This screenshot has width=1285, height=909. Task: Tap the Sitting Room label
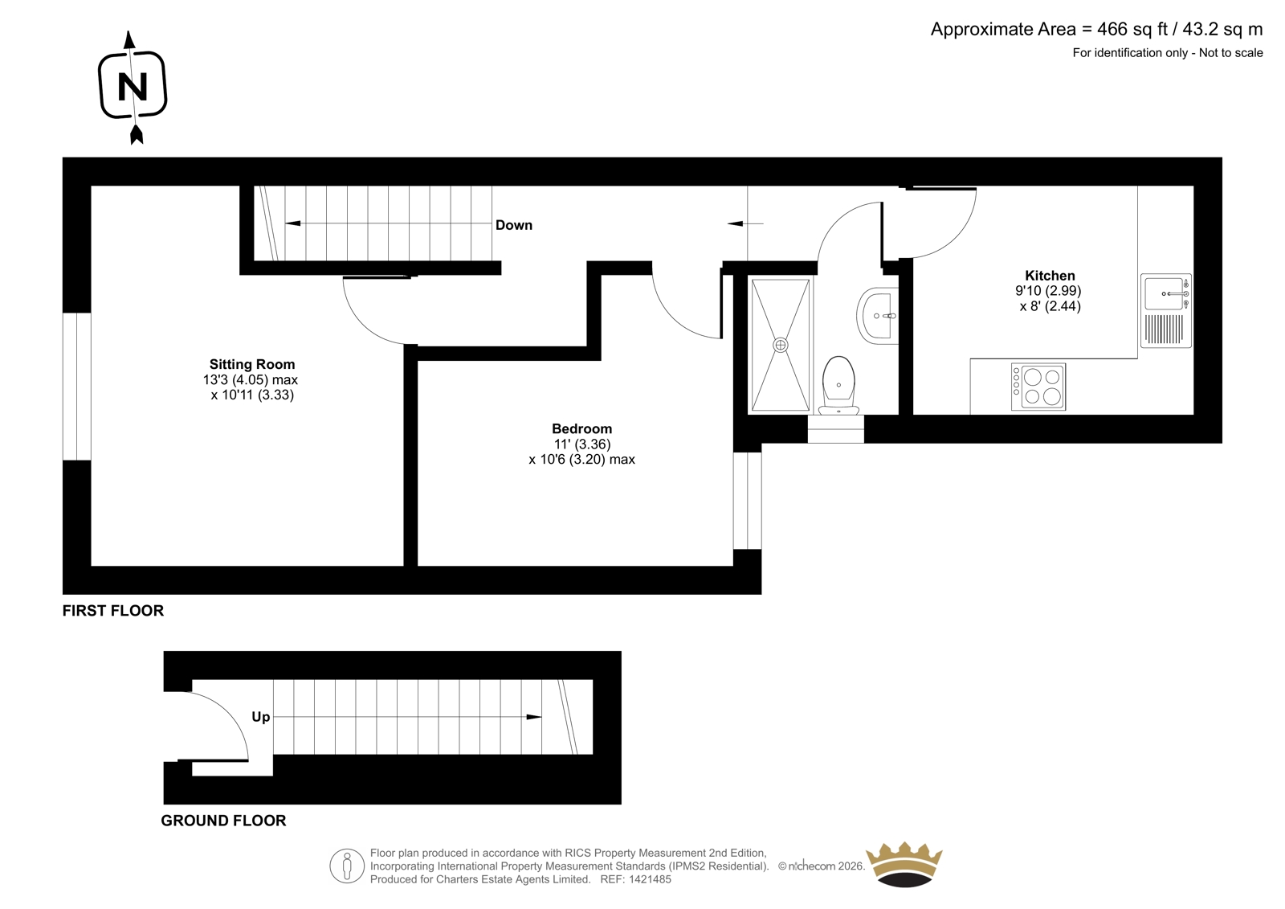(252, 364)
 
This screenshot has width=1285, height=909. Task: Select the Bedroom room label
(581, 428)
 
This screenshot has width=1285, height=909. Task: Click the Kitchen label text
(1050, 275)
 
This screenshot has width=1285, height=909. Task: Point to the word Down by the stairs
(513, 225)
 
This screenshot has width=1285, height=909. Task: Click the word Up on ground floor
(260, 717)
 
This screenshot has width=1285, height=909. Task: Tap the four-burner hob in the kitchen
(1038, 387)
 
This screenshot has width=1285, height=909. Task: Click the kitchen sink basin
(1164, 293)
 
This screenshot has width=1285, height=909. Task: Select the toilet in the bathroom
(838, 385)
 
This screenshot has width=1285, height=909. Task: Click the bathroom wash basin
(877, 316)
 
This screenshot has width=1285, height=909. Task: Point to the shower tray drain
(780, 345)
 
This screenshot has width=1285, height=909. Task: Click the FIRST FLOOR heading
(113, 610)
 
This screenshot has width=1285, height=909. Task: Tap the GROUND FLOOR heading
(223, 821)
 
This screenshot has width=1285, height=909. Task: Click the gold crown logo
(904, 864)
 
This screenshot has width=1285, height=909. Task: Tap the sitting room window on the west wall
(77, 387)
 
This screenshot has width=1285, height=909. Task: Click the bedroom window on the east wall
(748, 501)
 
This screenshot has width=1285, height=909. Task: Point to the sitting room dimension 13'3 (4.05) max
(250, 379)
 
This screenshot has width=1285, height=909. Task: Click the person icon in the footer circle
(346, 866)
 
